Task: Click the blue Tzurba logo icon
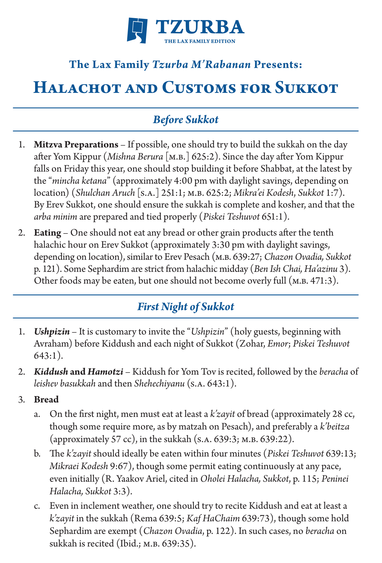click(x=137, y=30)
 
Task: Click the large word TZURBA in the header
click(x=200, y=27)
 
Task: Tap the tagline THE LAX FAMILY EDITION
click(x=200, y=41)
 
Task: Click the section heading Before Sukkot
click(x=186, y=120)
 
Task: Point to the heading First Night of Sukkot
click(x=186, y=307)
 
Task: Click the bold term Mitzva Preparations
click(x=76, y=145)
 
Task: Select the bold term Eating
click(x=47, y=233)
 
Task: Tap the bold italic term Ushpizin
click(x=52, y=332)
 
